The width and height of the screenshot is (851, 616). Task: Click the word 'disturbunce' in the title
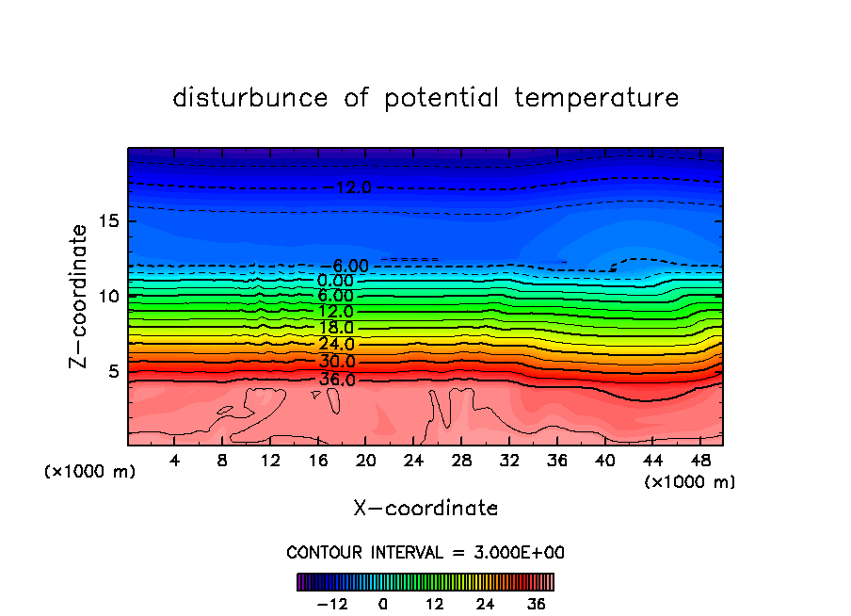click(x=250, y=98)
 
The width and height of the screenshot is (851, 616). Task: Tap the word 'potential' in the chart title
click(x=442, y=98)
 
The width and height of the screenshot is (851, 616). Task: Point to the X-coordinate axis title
click(x=425, y=509)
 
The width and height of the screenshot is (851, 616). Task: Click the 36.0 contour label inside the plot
click(x=336, y=380)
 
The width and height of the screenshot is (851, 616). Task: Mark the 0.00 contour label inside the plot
click(x=336, y=281)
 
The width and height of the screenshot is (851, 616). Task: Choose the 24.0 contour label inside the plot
click(x=336, y=344)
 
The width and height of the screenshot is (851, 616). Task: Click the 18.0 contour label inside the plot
click(x=336, y=327)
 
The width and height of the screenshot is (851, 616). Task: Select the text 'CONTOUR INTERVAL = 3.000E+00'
click(x=425, y=553)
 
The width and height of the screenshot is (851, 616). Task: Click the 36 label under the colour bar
click(x=537, y=605)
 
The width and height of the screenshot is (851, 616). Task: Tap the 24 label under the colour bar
click(x=486, y=605)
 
